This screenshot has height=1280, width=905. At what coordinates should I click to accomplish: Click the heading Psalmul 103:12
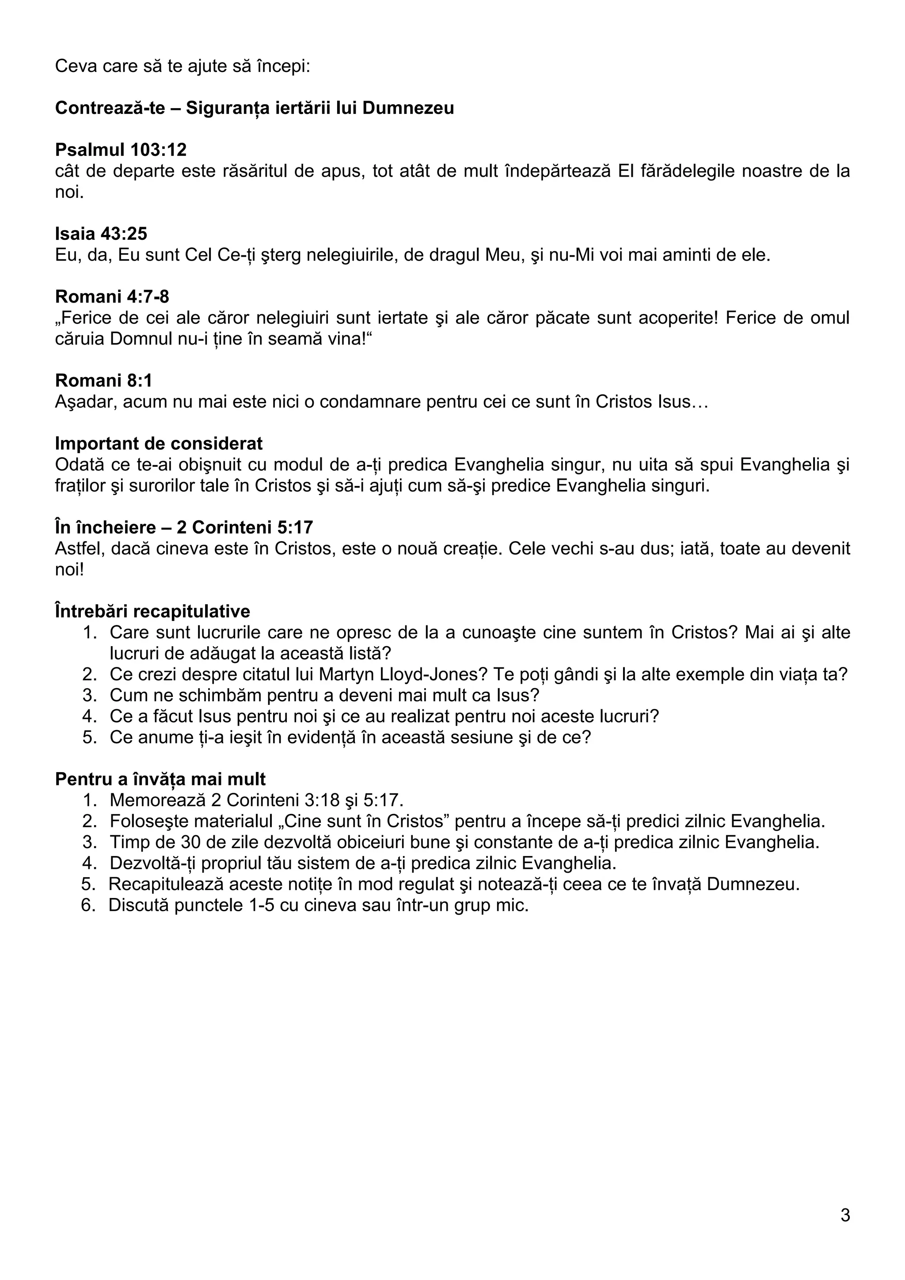(121, 149)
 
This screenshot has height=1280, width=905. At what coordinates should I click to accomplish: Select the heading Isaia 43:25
(101, 233)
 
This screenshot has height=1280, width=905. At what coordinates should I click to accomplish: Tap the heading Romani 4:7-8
(112, 296)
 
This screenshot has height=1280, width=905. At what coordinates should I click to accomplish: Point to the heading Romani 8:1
(104, 380)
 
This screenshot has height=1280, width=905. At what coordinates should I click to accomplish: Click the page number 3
(845, 1216)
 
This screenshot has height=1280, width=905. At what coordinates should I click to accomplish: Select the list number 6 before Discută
(88, 905)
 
